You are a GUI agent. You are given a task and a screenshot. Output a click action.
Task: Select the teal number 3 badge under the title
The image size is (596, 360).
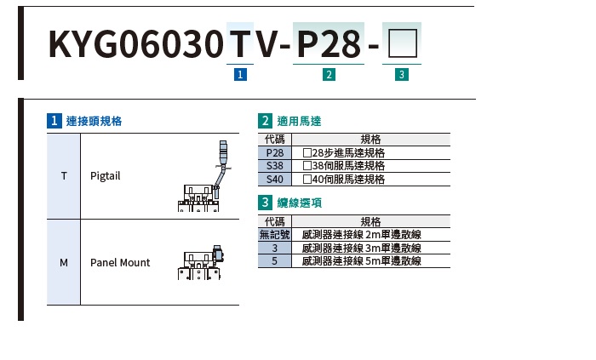(x=401, y=75)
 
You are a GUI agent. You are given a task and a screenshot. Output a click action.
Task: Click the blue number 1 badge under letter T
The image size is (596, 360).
(x=239, y=75)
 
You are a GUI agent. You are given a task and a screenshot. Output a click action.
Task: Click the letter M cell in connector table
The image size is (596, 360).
(x=64, y=262)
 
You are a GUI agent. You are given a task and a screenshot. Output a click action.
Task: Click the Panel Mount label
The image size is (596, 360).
(x=120, y=262)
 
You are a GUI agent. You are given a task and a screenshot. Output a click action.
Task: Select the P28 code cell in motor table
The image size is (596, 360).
(x=274, y=152)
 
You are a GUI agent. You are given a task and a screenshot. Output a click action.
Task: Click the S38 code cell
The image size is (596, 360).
(x=274, y=166)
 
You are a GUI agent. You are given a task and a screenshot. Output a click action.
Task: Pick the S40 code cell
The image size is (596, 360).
(x=274, y=180)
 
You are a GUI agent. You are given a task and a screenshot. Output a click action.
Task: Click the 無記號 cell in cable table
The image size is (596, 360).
(x=274, y=234)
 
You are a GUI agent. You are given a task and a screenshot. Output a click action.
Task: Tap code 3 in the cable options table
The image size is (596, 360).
(x=274, y=248)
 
